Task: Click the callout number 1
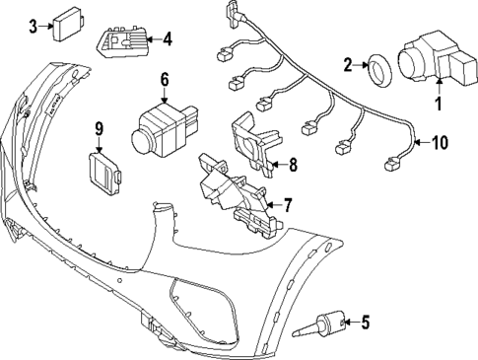(440, 102)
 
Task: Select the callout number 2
(348, 65)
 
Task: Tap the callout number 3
(34, 27)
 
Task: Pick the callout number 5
(365, 321)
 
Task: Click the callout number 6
(164, 79)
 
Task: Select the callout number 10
(440, 142)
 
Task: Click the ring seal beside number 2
(376, 67)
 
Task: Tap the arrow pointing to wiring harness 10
(419, 142)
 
